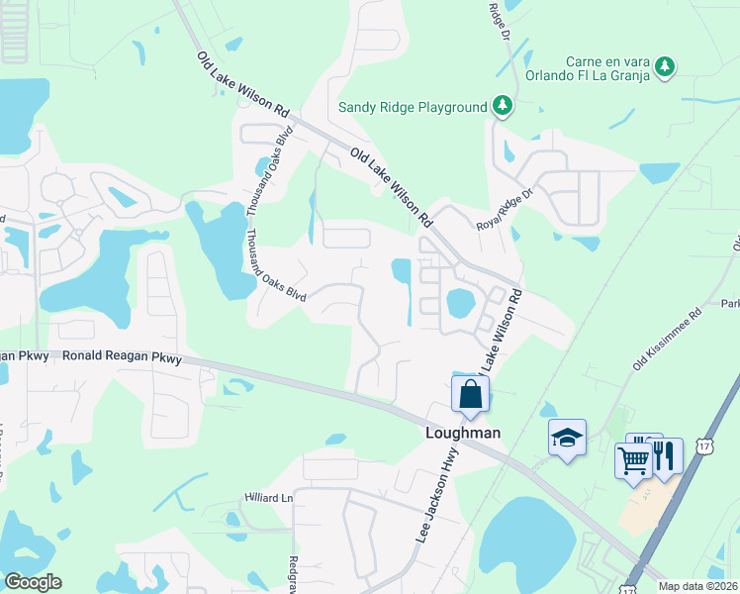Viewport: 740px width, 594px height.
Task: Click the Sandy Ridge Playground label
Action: (x=413, y=107)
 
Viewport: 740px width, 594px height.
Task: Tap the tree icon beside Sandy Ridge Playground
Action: (x=503, y=106)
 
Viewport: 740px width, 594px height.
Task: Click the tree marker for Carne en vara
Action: (x=667, y=66)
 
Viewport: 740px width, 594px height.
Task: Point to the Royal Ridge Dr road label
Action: (x=505, y=209)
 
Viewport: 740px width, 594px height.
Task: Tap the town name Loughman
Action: (x=462, y=433)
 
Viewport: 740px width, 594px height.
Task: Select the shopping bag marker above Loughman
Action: (x=471, y=394)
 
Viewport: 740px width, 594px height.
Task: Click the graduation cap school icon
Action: (x=567, y=438)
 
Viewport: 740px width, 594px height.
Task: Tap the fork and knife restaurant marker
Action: (x=666, y=455)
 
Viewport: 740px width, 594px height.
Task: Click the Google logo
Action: (x=33, y=582)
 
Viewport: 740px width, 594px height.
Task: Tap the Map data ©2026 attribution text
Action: (x=696, y=586)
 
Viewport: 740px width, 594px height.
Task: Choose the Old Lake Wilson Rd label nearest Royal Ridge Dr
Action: (x=393, y=184)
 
